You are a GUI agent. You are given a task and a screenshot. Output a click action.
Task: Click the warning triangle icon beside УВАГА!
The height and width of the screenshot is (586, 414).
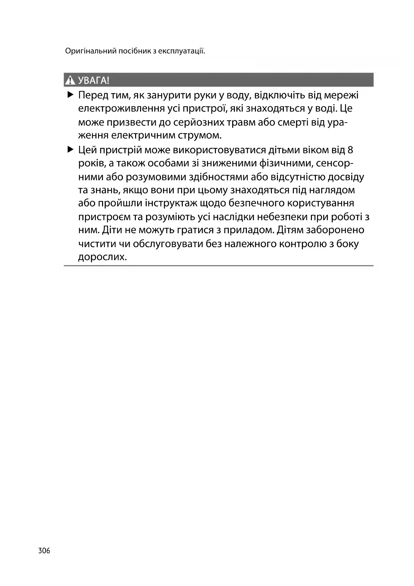[x=70, y=80]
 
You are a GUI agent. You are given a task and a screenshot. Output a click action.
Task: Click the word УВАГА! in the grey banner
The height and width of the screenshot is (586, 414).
[x=94, y=80]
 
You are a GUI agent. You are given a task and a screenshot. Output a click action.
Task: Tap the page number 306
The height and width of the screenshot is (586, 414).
[x=44, y=551]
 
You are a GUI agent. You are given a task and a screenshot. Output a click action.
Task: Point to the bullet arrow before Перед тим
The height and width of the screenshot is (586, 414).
[x=70, y=95]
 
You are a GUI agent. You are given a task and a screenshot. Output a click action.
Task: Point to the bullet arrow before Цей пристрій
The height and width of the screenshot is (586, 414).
[x=70, y=149]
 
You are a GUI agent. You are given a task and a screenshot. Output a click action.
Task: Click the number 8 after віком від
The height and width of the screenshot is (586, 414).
[x=350, y=150]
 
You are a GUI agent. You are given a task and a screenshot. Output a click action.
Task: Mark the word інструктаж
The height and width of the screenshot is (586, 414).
[x=171, y=203]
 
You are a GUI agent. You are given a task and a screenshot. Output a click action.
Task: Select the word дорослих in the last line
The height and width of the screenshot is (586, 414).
[x=102, y=257]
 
